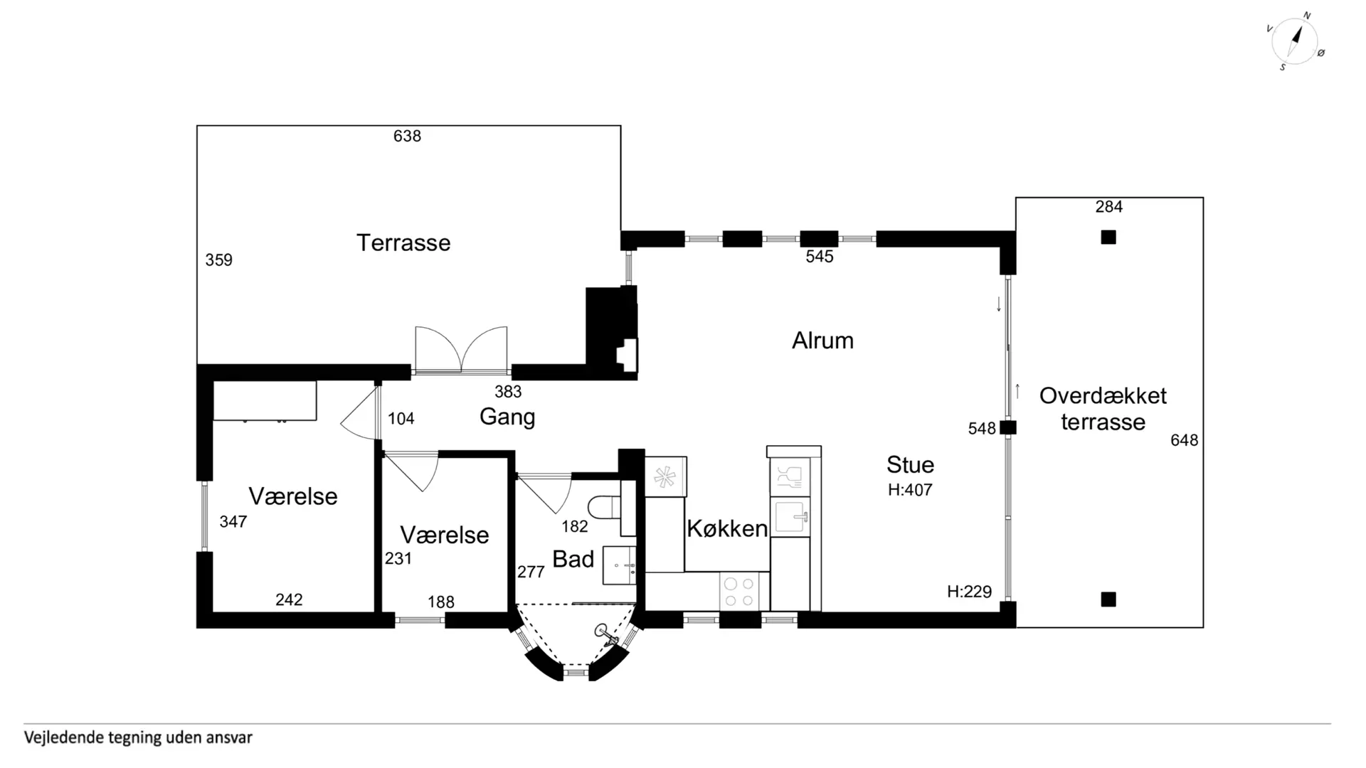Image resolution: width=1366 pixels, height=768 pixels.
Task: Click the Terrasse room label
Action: pyautogui.click(x=403, y=242)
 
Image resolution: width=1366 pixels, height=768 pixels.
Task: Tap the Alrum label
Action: pyautogui.click(x=822, y=341)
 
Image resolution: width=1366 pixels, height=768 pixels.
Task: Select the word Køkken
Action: pyautogui.click(x=727, y=528)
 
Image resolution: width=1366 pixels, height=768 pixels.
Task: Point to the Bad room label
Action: pyautogui.click(x=573, y=559)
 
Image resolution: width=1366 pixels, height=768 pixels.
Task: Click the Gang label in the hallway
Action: pyautogui.click(x=507, y=417)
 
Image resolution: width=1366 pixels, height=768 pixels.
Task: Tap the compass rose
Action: pyautogui.click(x=1296, y=41)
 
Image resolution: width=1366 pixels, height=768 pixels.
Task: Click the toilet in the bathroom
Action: pyautogui.click(x=604, y=508)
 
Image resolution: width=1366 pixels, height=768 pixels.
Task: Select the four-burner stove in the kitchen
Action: pyautogui.click(x=740, y=592)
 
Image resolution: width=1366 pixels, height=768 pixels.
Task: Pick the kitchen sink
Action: pyautogui.click(x=791, y=516)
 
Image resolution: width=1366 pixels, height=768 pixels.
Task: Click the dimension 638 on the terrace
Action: pyautogui.click(x=407, y=136)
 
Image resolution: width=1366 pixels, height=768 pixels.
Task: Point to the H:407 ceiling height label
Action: pyautogui.click(x=910, y=489)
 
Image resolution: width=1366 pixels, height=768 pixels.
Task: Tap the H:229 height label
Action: pyautogui.click(x=969, y=592)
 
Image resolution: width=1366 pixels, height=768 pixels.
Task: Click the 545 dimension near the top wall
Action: pyautogui.click(x=819, y=257)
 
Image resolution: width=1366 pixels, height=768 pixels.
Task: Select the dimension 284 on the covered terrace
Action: pyautogui.click(x=1108, y=207)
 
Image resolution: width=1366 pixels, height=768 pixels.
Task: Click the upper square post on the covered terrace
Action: pyautogui.click(x=1108, y=238)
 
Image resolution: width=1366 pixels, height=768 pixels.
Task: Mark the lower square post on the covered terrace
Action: pyautogui.click(x=1108, y=599)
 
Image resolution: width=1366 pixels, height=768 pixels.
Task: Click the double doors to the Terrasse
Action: pyautogui.click(x=461, y=350)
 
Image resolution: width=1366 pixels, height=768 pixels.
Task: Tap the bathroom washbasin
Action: pyautogui.click(x=619, y=565)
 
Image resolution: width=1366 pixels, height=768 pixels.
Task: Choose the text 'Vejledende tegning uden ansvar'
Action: pyautogui.click(x=138, y=738)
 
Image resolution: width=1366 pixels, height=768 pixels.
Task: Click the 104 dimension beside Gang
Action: pyautogui.click(x=401, y=419)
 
